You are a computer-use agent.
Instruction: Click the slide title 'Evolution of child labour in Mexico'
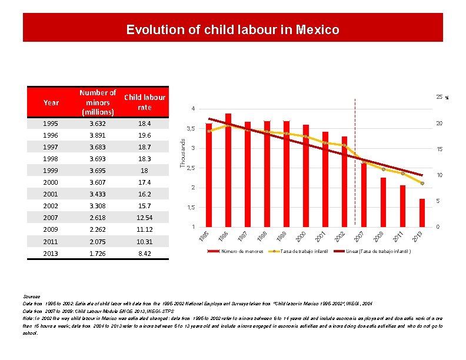pos(233,29)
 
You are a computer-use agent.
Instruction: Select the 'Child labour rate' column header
pos(145,102)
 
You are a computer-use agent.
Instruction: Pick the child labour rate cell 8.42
pos(145,254)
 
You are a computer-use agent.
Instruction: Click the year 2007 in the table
pos(51,218)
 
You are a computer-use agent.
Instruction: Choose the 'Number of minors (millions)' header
pos(98,102)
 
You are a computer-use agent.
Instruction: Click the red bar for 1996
pos(228,171)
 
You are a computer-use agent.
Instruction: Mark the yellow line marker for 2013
pos(422,184)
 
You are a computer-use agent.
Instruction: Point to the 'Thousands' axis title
pos(183,152)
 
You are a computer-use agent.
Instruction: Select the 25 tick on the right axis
pos(439,96)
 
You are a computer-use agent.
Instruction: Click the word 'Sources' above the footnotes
pos(31,296)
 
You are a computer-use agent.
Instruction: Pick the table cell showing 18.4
pos(145,124)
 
